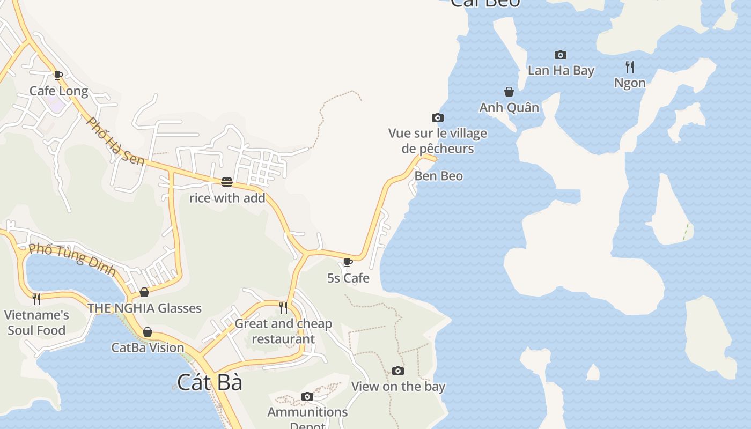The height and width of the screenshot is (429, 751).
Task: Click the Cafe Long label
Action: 58,91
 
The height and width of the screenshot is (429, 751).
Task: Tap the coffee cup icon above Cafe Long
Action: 58,75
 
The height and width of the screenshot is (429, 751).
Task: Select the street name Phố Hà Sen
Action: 115,141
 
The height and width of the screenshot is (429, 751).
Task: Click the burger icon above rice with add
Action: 226,182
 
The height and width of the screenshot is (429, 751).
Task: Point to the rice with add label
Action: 227,198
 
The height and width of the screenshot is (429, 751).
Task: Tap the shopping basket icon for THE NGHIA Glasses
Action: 144,292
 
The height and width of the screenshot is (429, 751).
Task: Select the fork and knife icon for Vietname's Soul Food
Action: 36,299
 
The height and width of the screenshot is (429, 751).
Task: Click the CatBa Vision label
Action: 148,347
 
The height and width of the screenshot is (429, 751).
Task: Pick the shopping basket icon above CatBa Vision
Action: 148,332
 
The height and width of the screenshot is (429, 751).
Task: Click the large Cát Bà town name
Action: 210,382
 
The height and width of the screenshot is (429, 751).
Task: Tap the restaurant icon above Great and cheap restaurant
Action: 283,307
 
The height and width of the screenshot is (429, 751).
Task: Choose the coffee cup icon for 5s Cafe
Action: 348,262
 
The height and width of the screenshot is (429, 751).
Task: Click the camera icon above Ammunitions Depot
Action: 307,396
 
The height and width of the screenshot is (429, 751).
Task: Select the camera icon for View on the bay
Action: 397,371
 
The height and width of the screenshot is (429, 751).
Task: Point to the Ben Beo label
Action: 438,176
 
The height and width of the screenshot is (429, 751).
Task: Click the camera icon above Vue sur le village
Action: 437,117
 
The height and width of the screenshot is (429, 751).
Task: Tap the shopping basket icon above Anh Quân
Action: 509,92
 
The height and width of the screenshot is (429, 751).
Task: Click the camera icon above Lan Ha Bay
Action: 561,55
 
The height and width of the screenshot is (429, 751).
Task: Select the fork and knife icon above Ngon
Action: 630,67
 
